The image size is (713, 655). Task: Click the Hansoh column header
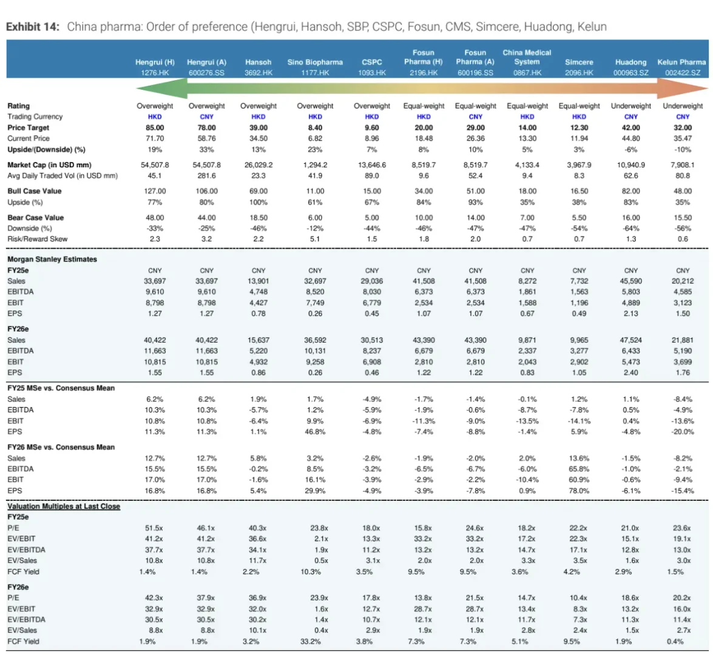pos(259,62)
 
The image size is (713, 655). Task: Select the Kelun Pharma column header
pos(681,62)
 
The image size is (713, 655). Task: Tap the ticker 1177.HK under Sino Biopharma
pos(315,73)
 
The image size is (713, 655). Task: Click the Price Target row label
pos(28,128)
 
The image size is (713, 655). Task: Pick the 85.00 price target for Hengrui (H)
pos(155,128)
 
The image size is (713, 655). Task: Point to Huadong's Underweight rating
pos(630,106)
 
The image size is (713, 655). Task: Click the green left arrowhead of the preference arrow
pos(162,88)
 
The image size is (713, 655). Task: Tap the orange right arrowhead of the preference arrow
pos(682,88)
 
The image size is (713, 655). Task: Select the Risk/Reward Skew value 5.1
pos(315,239)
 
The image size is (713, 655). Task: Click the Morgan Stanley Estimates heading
pos(52,259)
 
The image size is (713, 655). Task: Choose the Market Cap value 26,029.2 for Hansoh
pos(259,165)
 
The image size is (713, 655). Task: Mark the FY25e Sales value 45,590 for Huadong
pos(630,281)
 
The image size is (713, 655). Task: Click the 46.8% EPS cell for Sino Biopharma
pos(315,432)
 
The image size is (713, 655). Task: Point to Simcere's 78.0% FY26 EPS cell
pos(579,491)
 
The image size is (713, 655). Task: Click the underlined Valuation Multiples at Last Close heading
pos(64,506)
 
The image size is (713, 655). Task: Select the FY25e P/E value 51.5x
pos(154,528)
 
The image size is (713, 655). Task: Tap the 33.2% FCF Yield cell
pos(311,642)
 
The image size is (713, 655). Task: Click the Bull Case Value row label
pos(35,192)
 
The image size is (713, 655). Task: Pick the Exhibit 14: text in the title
pos(33,27)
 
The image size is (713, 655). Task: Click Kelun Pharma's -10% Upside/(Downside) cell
pos(683,150)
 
